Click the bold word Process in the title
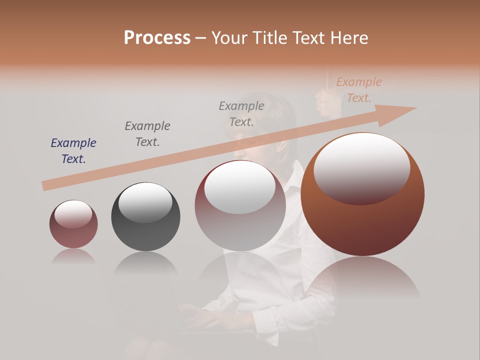(157, 38)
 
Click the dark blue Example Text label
(73, 151)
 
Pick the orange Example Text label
(359, 90)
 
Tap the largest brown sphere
(362, 220)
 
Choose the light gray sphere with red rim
(240, 225)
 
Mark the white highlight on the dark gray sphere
(145, 201)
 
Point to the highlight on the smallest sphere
(73, 213)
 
